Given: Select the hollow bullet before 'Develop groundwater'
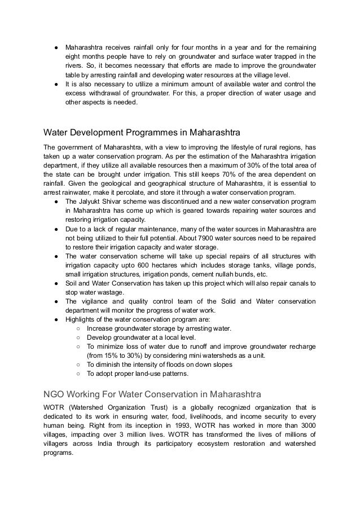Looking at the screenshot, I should [x=77, y=337].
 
